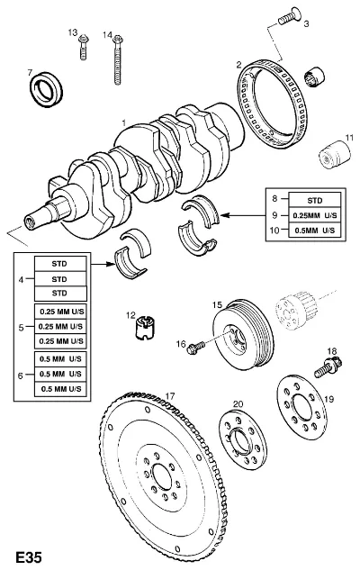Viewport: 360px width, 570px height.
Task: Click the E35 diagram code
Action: (29, 557)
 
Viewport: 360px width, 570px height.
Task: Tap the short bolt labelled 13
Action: (83, 47)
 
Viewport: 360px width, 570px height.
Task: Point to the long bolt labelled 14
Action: (117, 60)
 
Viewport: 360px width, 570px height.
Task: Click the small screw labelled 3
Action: (289, 16)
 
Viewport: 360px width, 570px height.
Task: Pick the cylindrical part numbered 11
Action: (335, 156)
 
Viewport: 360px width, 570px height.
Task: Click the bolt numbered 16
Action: (195, 348)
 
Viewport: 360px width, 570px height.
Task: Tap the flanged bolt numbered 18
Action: (328, 367)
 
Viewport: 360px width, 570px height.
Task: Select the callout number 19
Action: (328, 399)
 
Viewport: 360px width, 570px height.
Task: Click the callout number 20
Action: (238, 404)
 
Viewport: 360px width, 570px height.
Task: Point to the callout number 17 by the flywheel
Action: (170, 395)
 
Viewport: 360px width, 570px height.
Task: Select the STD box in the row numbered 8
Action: (315, 200)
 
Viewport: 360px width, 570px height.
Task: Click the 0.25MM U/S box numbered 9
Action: (315, 215)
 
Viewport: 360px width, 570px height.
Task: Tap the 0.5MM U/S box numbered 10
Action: (315, 231)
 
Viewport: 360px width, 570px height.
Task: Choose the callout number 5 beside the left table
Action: (21, 328)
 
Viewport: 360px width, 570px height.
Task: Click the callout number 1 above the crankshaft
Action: (124, 122)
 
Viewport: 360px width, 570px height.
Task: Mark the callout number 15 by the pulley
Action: (217, 304)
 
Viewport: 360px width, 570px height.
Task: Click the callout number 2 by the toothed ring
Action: (238, 65)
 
